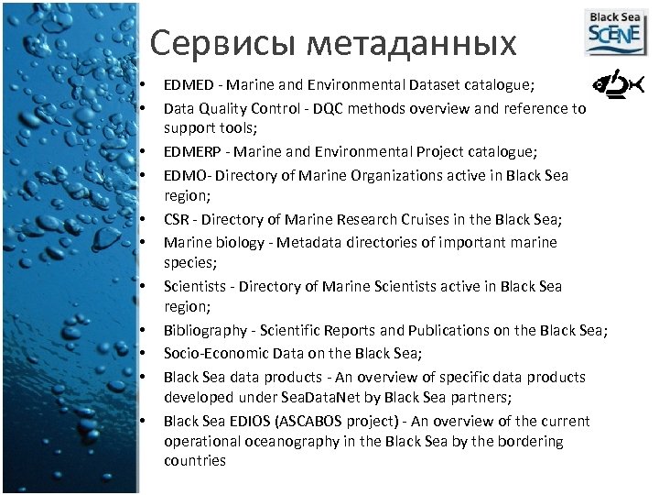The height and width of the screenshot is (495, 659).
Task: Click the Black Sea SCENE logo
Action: coord(614,33)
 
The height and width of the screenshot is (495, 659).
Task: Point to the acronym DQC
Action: coord(324,108)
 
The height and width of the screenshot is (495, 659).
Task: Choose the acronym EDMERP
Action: coord(191,151)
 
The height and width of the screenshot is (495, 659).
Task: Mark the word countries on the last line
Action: coord(195,460)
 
